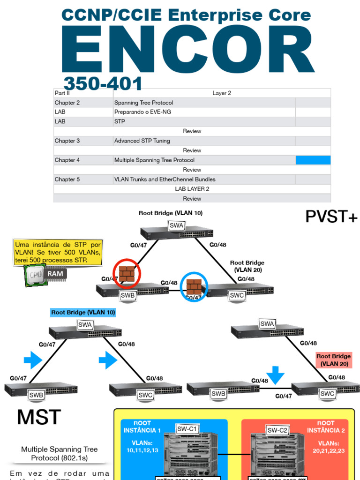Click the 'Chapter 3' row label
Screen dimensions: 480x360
point(67,141)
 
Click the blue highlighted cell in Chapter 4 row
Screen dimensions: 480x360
point(313,160)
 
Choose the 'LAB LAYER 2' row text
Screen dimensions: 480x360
point(192,189)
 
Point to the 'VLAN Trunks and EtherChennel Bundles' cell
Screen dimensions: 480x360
point(165,179)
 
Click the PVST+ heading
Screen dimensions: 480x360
point(331,217)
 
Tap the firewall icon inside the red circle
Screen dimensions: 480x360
point(127,274)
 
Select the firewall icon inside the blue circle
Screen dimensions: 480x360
point(194,286)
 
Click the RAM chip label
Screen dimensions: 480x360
point(56,274)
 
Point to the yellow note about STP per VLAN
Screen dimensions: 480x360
point(58,252)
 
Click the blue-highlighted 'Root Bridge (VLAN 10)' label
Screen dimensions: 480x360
point(83,312)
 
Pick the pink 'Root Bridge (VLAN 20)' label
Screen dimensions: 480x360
point(333,360)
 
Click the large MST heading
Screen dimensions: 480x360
point(39,417)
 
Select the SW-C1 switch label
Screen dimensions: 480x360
point(187,428)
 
